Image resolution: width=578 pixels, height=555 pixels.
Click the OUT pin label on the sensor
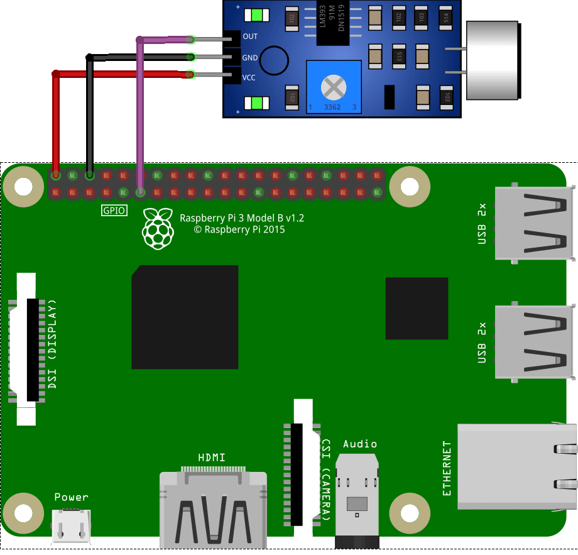(x=250, y=36)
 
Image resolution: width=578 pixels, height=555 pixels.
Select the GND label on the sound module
(x=250, y=57)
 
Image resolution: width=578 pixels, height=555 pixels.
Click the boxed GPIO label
(x=114, y=211)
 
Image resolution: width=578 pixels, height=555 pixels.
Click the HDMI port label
(x=212, y=457)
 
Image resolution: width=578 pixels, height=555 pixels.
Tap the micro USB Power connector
(x=71, y=525)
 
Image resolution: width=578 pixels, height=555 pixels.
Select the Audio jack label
(x=360, y=444)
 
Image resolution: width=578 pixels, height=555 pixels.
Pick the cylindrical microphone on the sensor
(x=494, y=61)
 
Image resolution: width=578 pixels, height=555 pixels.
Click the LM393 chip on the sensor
(x=332, y=23)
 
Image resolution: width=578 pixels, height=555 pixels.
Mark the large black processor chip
(x=185, y=317)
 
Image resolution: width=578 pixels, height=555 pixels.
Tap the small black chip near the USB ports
(x=417, y=308)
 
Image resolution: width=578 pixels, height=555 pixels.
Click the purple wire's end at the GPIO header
(x=140, y=191)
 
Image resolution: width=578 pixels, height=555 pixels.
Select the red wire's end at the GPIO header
(x=56, y=175)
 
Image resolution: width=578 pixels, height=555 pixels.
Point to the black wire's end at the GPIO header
(x=90, y=175)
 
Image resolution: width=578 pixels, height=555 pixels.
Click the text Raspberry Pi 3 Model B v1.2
(x=242, y=218)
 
